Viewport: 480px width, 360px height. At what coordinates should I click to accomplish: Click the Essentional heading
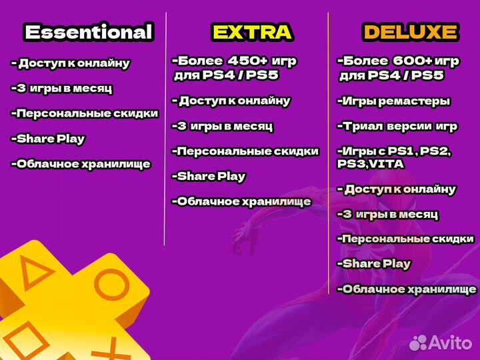(88, 31)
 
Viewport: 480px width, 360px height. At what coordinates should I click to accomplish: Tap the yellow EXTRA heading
(251, 31)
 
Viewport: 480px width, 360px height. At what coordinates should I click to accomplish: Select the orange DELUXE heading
(410, 31)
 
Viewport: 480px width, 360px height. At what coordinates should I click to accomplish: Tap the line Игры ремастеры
(393, 101)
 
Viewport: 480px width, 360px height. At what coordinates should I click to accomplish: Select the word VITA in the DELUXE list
(385, 163)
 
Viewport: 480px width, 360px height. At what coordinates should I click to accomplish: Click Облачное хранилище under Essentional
(81, 164)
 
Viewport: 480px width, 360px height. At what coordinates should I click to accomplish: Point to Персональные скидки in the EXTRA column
(245, 151)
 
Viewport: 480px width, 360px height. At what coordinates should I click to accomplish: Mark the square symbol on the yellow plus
(20, 337)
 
